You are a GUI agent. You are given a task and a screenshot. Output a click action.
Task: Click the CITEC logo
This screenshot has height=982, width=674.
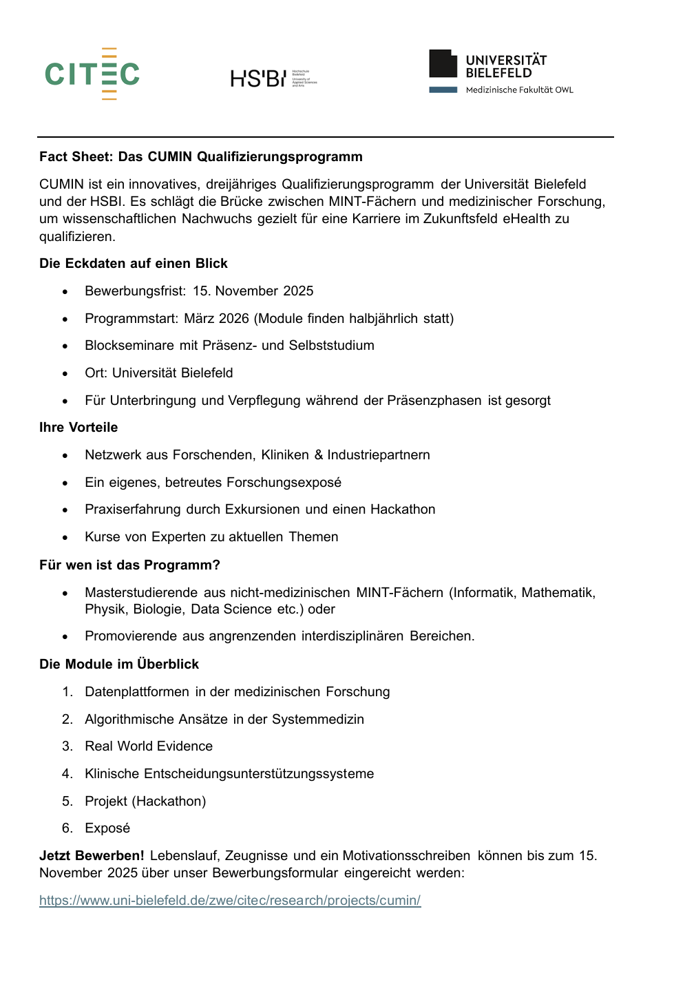pyautogui.click(x=92, y=74)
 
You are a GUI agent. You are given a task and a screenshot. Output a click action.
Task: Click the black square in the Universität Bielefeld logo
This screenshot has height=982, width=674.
pyautogui.click(x=443, y=64)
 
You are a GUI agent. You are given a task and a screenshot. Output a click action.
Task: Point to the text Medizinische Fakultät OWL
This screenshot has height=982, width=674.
pyautogui.click(x=519, y=90)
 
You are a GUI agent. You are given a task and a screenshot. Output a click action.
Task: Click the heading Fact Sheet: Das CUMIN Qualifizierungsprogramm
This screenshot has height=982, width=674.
pyautogui.click(x=201, y=157)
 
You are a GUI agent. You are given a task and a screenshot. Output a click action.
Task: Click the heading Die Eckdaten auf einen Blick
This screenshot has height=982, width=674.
pyautogui.click(x=134, y=264)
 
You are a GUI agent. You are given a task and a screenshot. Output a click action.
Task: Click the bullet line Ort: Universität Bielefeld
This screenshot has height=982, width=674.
pyautogui.click(x=159, y=373)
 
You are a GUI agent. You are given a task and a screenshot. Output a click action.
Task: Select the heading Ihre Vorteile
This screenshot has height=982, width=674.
pyautogui.click(x=78, y=428)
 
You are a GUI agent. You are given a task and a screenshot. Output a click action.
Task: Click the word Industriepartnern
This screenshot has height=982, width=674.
pyautogui.click(x=379, y=455)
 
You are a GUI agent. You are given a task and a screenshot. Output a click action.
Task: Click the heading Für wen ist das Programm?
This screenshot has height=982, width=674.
pyautogui.click(x=129, y=565)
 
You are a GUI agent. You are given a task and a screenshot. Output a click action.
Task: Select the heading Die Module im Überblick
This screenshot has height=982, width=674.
pyautogui.click(x=119, y=665)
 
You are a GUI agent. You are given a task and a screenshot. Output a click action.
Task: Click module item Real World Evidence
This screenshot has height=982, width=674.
pyautogui.click(x=149, y=746)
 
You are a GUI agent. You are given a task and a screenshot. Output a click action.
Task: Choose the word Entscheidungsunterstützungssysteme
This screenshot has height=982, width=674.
pyautogui.click(x=259, y=774)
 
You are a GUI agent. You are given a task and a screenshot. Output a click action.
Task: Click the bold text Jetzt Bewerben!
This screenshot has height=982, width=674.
pyautogui.click(x=92, y=856)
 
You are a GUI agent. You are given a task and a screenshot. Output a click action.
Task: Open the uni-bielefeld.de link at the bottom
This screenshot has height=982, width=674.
pyautogui.click(x=230, y=901)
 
